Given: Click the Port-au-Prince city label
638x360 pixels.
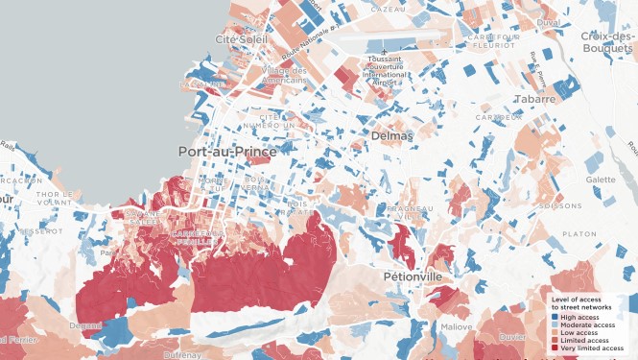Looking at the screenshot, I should [x=227, y=152].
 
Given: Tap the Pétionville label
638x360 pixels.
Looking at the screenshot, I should [x=417, y=276].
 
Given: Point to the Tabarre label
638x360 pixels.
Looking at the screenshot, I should [x=534, y=99].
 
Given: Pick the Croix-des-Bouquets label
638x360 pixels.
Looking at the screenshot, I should [x=607, y=42].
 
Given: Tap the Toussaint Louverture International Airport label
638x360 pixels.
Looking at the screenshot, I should [x=384, y=71].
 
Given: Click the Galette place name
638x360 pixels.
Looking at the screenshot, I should [x=601, y=180].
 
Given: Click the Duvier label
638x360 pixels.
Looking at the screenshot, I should [x=510, y=337].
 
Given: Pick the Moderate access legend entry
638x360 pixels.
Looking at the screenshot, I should [x=587, y=324].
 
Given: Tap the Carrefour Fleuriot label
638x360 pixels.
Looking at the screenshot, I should [x=494, y=40].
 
